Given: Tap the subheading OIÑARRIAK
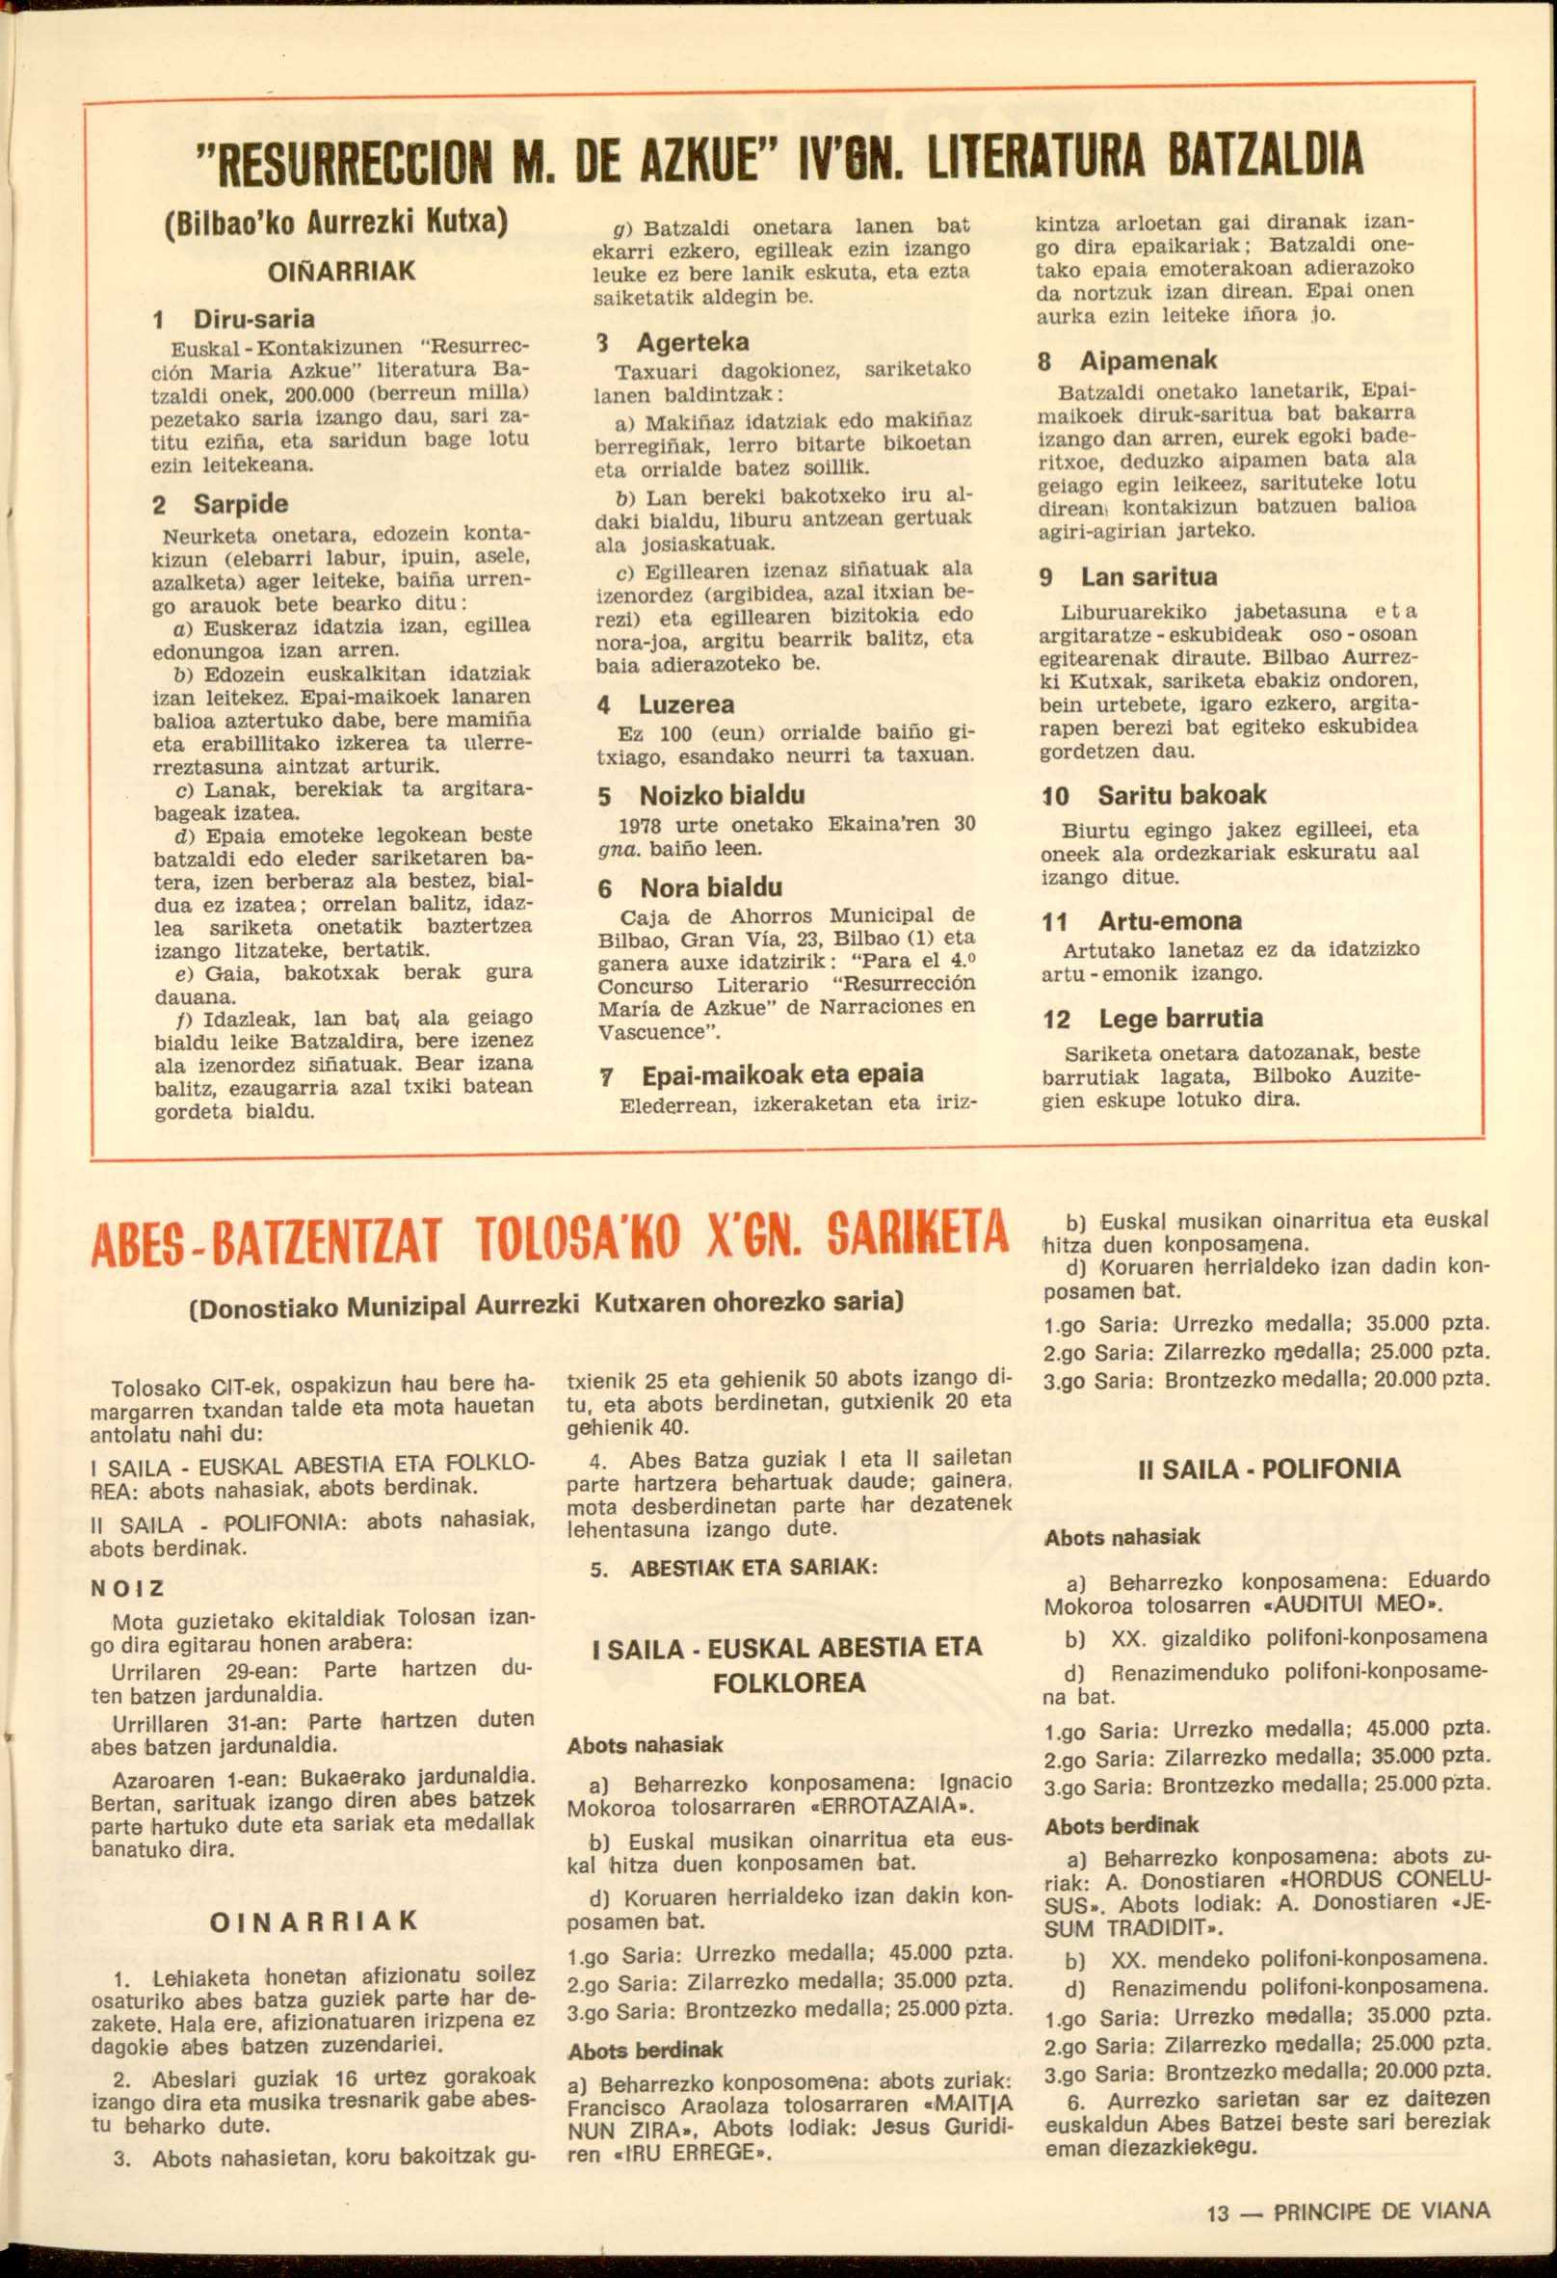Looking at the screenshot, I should coord(341,271).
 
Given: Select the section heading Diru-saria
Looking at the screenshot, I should coord(253,319).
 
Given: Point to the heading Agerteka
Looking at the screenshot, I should coord(693,342).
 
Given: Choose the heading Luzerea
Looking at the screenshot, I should coord(686,703).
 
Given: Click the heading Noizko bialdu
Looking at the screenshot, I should coord(723,795).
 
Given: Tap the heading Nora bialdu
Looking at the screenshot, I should coord(710,888).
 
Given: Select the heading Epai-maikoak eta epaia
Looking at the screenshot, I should coord(782,1073).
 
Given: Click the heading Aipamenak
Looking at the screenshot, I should coord(1148,359).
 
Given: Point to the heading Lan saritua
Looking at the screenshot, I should coord(1148,576).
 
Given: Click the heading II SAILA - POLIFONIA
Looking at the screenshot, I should coord(1268,1469).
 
